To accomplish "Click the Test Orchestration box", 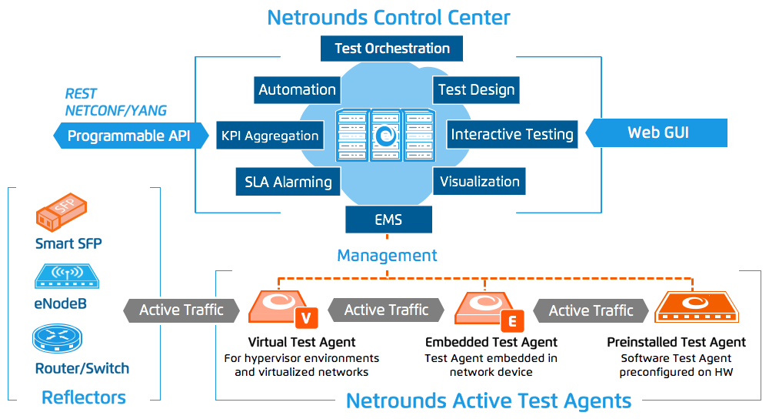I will tap(391, 49).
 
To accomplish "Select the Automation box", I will tap(297, 89).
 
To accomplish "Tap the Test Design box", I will tap(476, 89).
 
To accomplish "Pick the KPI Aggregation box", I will tap(269, 136).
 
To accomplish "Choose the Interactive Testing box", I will tap(511, 135).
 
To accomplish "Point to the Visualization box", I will tap(479, 182).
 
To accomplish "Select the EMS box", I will tap(388, 220).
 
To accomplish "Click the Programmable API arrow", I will tap(131, 136).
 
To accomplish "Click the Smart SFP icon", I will tap(61, 213).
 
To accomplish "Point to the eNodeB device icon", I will tap(66, 276).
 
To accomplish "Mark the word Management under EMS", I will tap(387, 256).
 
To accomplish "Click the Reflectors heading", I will tap(84, 397).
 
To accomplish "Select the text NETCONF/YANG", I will tap(115, 110).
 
